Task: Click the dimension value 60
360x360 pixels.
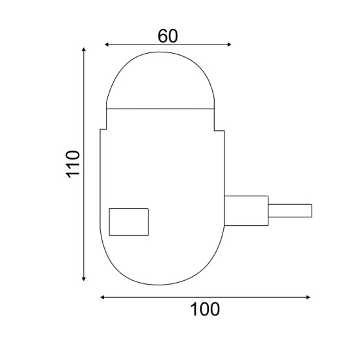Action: (x=168, y=35)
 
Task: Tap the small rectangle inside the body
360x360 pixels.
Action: (x=128, y=221)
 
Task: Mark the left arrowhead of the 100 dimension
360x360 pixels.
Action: (x=103, y=297)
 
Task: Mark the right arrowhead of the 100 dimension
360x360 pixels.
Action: (x=310, y=297)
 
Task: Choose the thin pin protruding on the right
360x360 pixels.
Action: (x=290, y=211)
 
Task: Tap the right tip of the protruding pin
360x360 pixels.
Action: (x=312, y=211)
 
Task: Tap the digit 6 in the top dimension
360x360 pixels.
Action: (x=162, y=35)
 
